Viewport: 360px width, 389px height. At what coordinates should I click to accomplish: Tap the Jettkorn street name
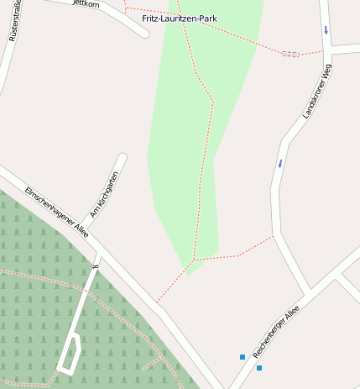86,3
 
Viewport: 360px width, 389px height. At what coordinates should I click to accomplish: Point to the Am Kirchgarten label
105,195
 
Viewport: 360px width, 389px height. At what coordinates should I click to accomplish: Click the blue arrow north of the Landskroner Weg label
326,30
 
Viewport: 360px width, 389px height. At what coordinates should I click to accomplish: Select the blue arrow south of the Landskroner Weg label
280,162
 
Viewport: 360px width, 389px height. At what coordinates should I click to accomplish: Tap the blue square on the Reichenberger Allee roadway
258,368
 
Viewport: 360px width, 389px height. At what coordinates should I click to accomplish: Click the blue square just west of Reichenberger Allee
243,357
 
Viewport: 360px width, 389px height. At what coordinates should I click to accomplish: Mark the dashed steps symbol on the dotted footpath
290,54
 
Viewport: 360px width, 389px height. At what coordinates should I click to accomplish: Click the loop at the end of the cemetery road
70,353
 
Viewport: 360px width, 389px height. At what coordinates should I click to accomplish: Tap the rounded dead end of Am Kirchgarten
123,158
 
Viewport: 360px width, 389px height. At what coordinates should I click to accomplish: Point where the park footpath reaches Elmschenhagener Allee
156,302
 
